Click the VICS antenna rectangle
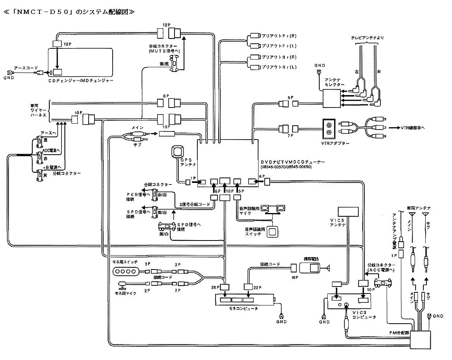pos(348,211)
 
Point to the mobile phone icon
pos(313,268)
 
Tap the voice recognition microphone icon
pos(274,209)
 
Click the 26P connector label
pos(215,287)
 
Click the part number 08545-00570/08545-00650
pos(286,167)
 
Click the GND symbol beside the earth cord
pos(8,74)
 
